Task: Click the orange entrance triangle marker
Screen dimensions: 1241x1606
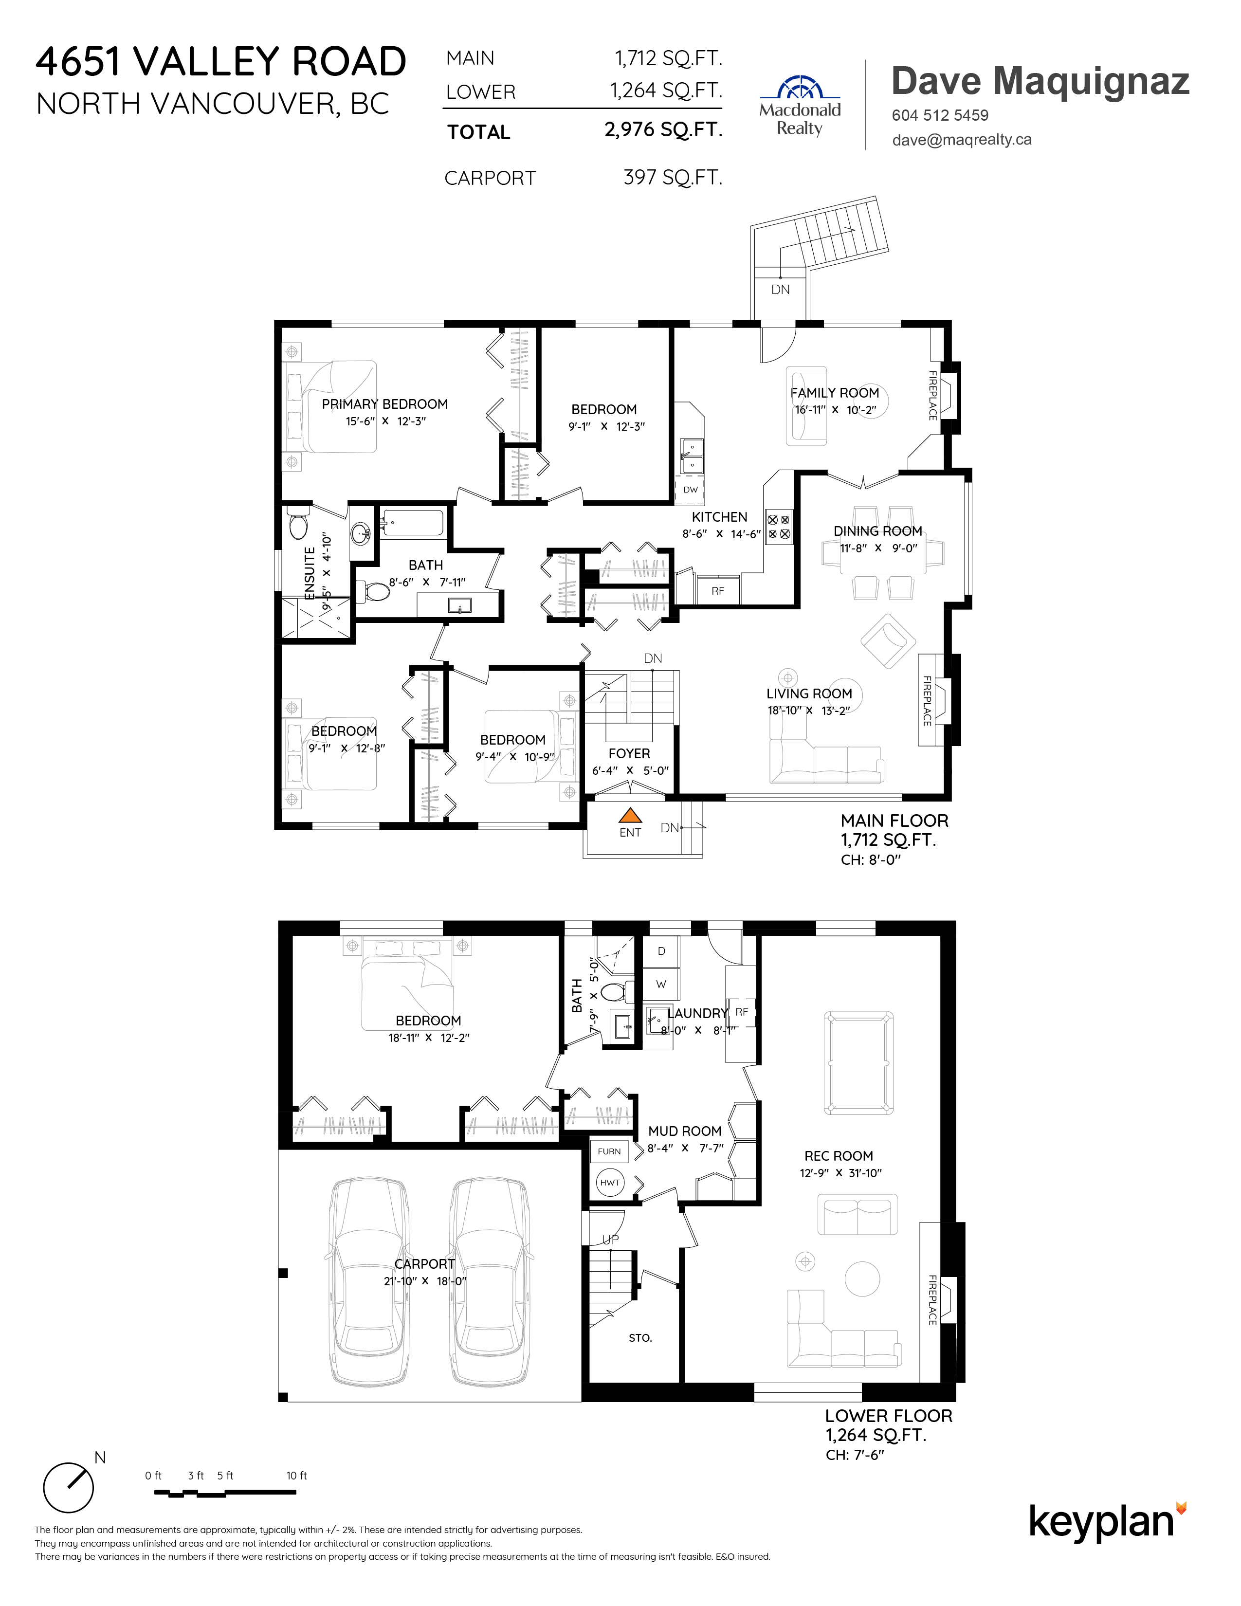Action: pyautogui.click(x=630, y=815)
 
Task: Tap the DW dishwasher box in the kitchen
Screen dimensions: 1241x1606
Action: pyautogui.click(x=691, y=490)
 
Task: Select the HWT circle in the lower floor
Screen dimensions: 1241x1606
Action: pyautogui.click(x=609, y=1183)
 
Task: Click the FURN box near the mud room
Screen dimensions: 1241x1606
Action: pyautogui.click(x=609, y=1151)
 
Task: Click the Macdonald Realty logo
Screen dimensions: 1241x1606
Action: pyautogui.click(x=800, y=105)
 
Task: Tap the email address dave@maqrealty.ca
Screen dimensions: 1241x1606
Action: pyautogui.click(x=962, y=140)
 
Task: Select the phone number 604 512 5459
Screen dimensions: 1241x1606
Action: pyautogui.click(x=940, y=115)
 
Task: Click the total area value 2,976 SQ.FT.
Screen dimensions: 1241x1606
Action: pyautogui.click(x=663, y=130)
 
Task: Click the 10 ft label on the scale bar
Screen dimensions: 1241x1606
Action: pyautogui.click(x=296, y=1476)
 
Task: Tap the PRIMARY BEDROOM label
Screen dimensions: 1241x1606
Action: pyautogui.click(x=384, y=404)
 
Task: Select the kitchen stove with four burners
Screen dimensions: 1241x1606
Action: pyautogui.click(x=779, y=527)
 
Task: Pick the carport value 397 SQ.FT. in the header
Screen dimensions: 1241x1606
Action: pyautogui.click(x=673, y=178)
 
